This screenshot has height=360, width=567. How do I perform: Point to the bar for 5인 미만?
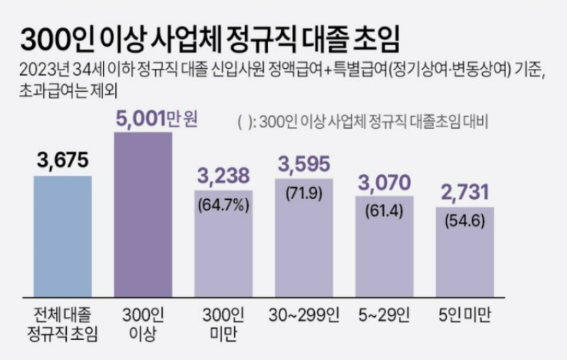pos(465,254)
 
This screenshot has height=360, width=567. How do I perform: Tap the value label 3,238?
pos(224,177)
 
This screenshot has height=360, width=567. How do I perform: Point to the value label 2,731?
pos(465,192)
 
